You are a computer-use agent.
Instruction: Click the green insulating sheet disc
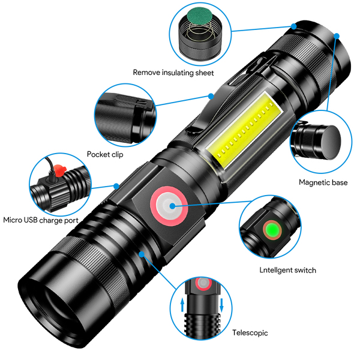click(199, 17)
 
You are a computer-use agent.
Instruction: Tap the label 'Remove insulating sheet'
click(173, 73)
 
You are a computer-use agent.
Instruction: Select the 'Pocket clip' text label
click(105, 154)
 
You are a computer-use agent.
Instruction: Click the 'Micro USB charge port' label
click(41, 220)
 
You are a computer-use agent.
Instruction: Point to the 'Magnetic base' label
click(323, 182)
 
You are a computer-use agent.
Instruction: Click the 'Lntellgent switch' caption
click(287, 270)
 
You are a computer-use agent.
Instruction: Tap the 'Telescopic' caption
click(250, 332)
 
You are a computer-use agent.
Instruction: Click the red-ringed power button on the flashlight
click(169, 206)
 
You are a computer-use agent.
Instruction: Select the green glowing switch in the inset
click(272, 230)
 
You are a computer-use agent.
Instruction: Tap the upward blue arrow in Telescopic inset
click(182, 305)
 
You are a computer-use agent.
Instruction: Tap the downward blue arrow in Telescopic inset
click(221, 305)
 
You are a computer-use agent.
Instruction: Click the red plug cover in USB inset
click(59, 170)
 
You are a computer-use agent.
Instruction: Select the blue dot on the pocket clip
click(211, 96)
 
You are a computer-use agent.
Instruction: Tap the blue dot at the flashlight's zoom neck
click(142, 254)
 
